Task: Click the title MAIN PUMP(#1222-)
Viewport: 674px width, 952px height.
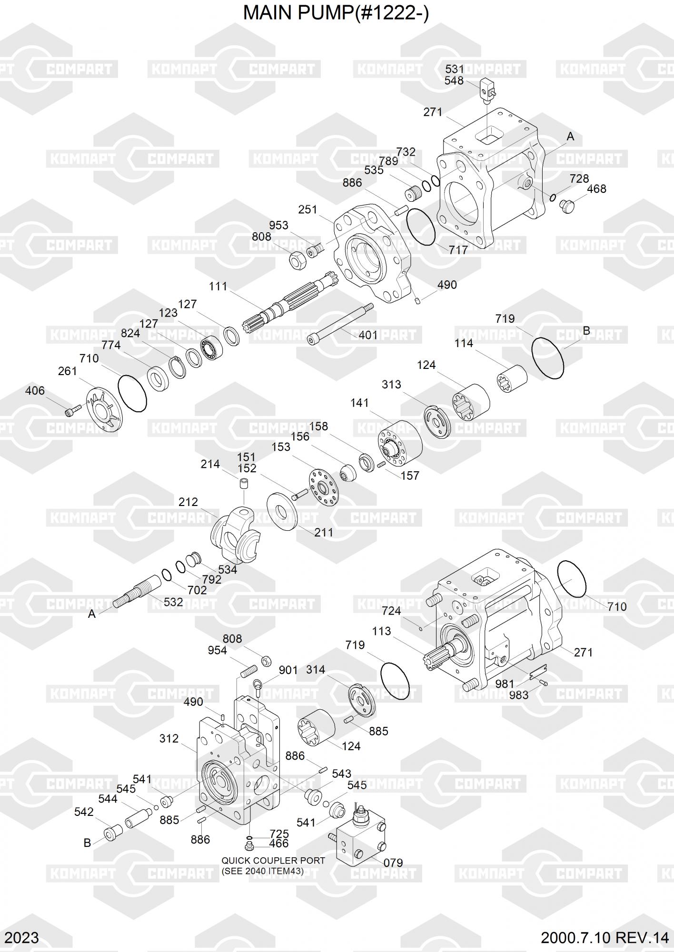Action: point(336,13)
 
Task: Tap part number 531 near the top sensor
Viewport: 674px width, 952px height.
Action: point(455,69)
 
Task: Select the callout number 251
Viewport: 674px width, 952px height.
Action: point(307,209)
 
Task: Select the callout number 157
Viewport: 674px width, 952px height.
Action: point(410,475)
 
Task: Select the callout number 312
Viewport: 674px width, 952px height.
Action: point(169,738)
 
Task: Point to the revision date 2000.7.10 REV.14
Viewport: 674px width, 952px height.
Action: point(605,938)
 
